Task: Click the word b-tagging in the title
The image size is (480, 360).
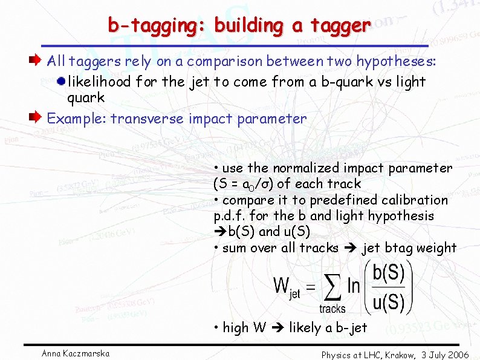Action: tap(157, 25)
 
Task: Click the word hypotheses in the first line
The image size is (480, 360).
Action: tap(396, 61)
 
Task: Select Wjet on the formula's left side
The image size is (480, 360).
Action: tap(287, 286)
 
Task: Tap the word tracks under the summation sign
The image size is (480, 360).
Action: tap(332, 309)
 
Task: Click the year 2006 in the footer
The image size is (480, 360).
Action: tap(456, 355)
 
